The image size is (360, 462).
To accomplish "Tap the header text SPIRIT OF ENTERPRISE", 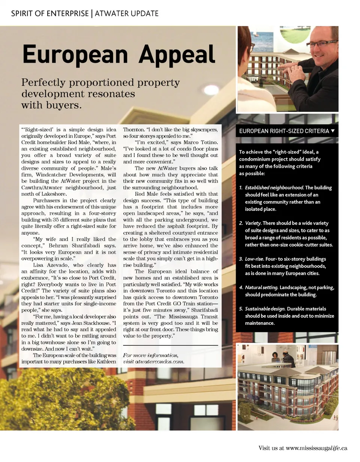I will [50, 14].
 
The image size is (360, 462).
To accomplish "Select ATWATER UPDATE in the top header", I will [126, 14].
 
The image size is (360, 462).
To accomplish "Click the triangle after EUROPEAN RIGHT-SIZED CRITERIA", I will [333, 131].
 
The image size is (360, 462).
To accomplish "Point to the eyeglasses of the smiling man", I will [321, 43].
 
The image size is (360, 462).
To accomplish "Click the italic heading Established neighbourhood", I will [274, 187].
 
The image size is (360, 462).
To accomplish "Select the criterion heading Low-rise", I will [255, 259].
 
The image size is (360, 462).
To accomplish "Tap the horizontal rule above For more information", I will [170, 345].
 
